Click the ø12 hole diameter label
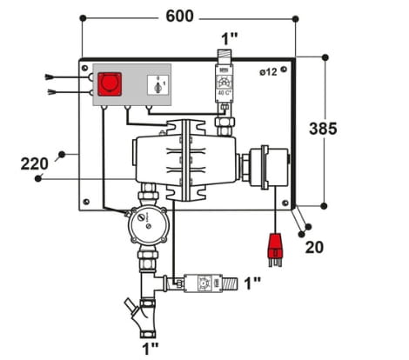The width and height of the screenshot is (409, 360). [268, 72]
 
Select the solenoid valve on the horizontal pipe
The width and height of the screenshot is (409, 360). [203, 283]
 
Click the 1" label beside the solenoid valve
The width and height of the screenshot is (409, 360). [251, 283]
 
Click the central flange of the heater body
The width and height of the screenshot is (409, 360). [184, 162]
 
